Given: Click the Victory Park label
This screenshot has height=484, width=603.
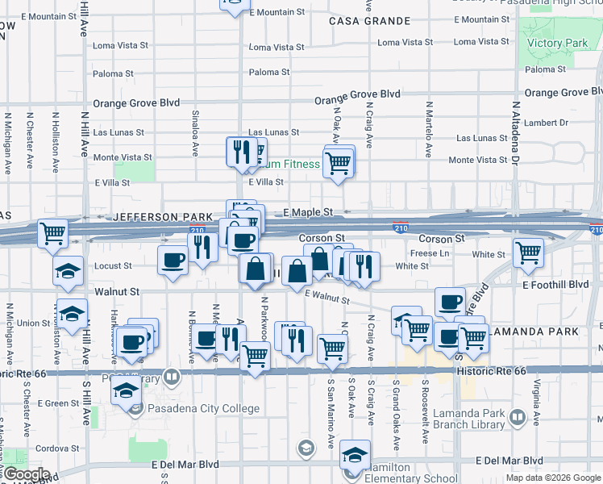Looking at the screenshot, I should pos(556,43).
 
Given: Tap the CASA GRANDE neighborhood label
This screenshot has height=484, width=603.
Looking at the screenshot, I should pos(360,21).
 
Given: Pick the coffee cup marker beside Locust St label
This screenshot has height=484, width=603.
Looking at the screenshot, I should pos(173,261).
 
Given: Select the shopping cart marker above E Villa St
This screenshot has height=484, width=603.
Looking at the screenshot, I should pos(339,163).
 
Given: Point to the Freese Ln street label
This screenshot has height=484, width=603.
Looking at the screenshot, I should pos(430,253).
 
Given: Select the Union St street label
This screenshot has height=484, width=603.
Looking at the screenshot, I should pos(34,323).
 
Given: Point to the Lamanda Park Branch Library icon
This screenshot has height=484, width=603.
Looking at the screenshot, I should pos(517,419).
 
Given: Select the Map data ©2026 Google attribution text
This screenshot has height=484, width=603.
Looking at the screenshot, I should pos(552,478).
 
